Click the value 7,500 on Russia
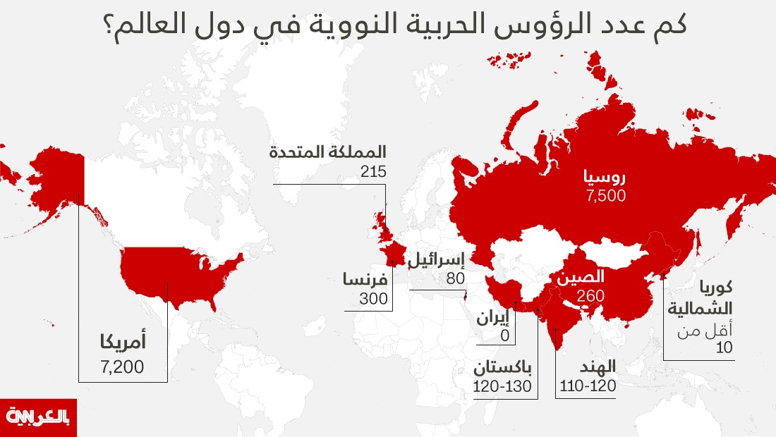(x=605, y=197)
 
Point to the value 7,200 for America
(x=122, y=367)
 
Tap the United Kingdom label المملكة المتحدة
(x=329, y=152)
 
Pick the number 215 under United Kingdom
(x=373, y=171)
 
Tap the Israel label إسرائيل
(x=437, y=259)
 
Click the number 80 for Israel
(x=456, y=279)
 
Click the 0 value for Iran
(x=504, y=337)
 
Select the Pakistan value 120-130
(x=502, y=386)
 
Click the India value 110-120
(x=588, y=386)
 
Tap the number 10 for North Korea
(x=724, y=347)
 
